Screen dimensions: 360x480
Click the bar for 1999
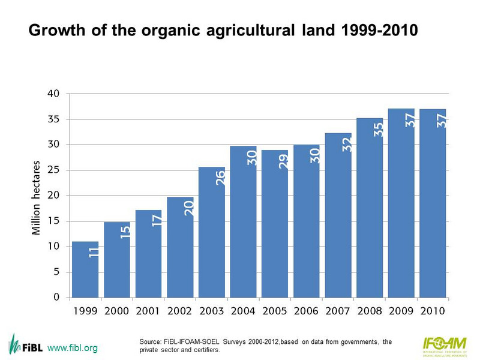coord(85,270)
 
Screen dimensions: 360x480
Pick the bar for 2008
coord(370,210)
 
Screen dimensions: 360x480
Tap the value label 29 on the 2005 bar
coord(283,161)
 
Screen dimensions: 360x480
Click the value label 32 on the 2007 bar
coord(346,144)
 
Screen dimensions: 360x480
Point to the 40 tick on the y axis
coord(54,94)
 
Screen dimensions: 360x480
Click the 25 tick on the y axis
coord(54,170)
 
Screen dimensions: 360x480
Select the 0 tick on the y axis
coord(56,297)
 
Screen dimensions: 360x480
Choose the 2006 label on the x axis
coord(307,311)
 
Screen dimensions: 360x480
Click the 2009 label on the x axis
coord(401,311)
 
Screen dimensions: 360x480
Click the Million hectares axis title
coord(36,198)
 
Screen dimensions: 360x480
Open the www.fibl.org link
coord(73,348)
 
